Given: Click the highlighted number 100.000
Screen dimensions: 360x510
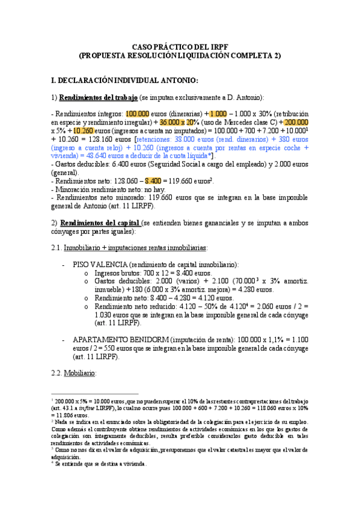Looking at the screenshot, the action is (x=138, y=113).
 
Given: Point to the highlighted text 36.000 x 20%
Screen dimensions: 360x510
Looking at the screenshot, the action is (x=180, y=121).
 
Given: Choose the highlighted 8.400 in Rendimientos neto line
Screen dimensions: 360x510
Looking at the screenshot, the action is (x=153, y=180).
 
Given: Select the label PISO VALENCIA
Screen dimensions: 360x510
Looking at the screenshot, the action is (x=99, y=265).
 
